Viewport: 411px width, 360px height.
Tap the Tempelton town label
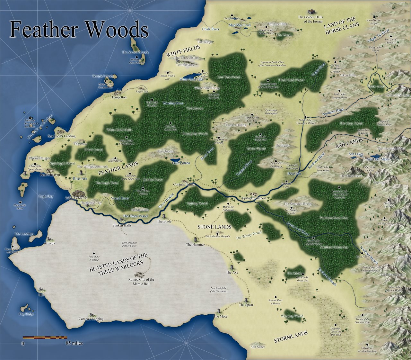119,97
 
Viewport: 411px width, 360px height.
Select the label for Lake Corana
181,163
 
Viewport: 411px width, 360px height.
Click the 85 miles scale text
74,343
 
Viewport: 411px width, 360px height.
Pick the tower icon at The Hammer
196,239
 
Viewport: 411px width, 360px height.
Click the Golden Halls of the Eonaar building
310,12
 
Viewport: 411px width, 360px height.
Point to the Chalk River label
211,29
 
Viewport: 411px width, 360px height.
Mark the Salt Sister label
258,347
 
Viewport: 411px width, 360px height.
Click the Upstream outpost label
254,198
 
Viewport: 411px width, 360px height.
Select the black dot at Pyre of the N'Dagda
94,253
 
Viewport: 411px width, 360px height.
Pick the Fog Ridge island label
26,314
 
